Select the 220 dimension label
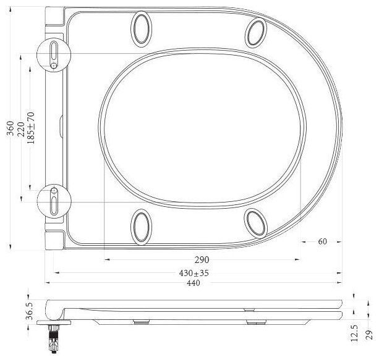(20, 128)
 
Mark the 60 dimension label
(322, 241)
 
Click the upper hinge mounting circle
(54, 52)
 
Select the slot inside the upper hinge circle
(54, 49)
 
